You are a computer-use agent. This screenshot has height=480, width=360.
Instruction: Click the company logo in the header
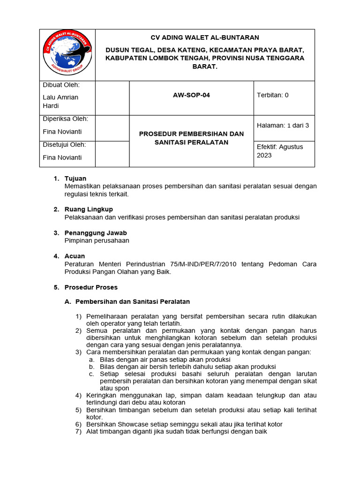tap(67, 54)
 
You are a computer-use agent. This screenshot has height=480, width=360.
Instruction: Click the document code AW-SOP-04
tap(191, 95)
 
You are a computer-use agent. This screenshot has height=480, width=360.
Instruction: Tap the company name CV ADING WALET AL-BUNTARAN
tap(204, 37)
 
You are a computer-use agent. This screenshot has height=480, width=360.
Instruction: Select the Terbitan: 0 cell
tap(273, 95)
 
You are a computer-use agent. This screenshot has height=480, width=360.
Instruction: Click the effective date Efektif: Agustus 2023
tap(280, 151)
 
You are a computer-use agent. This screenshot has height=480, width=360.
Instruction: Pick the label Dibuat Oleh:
tap(61, 85)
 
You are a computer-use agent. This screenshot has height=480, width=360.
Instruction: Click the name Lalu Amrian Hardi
tap(60, 102)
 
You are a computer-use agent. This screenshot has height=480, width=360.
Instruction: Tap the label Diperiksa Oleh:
tap(65, 119)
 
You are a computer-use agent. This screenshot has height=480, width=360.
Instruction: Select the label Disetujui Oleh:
tap(65, 144)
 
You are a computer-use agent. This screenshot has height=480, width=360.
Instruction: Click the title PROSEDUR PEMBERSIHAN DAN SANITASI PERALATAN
tap(191, 138)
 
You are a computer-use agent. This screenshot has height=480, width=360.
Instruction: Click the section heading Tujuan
tap(75, 179)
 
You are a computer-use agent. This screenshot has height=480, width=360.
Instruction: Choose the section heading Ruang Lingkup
tap(89, 209)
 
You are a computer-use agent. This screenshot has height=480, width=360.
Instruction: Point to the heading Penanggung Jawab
tap(96, 233)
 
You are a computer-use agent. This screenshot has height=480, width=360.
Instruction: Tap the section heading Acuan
tap(75, 256)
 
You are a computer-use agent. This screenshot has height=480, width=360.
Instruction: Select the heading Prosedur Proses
tap(91, 287)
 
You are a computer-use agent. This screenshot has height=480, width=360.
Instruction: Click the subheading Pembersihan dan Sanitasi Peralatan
tap(132, 301)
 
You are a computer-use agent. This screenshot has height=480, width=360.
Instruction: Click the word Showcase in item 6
tap(135, 424)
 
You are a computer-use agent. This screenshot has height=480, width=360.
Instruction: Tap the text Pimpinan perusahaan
tap(97, 240)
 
